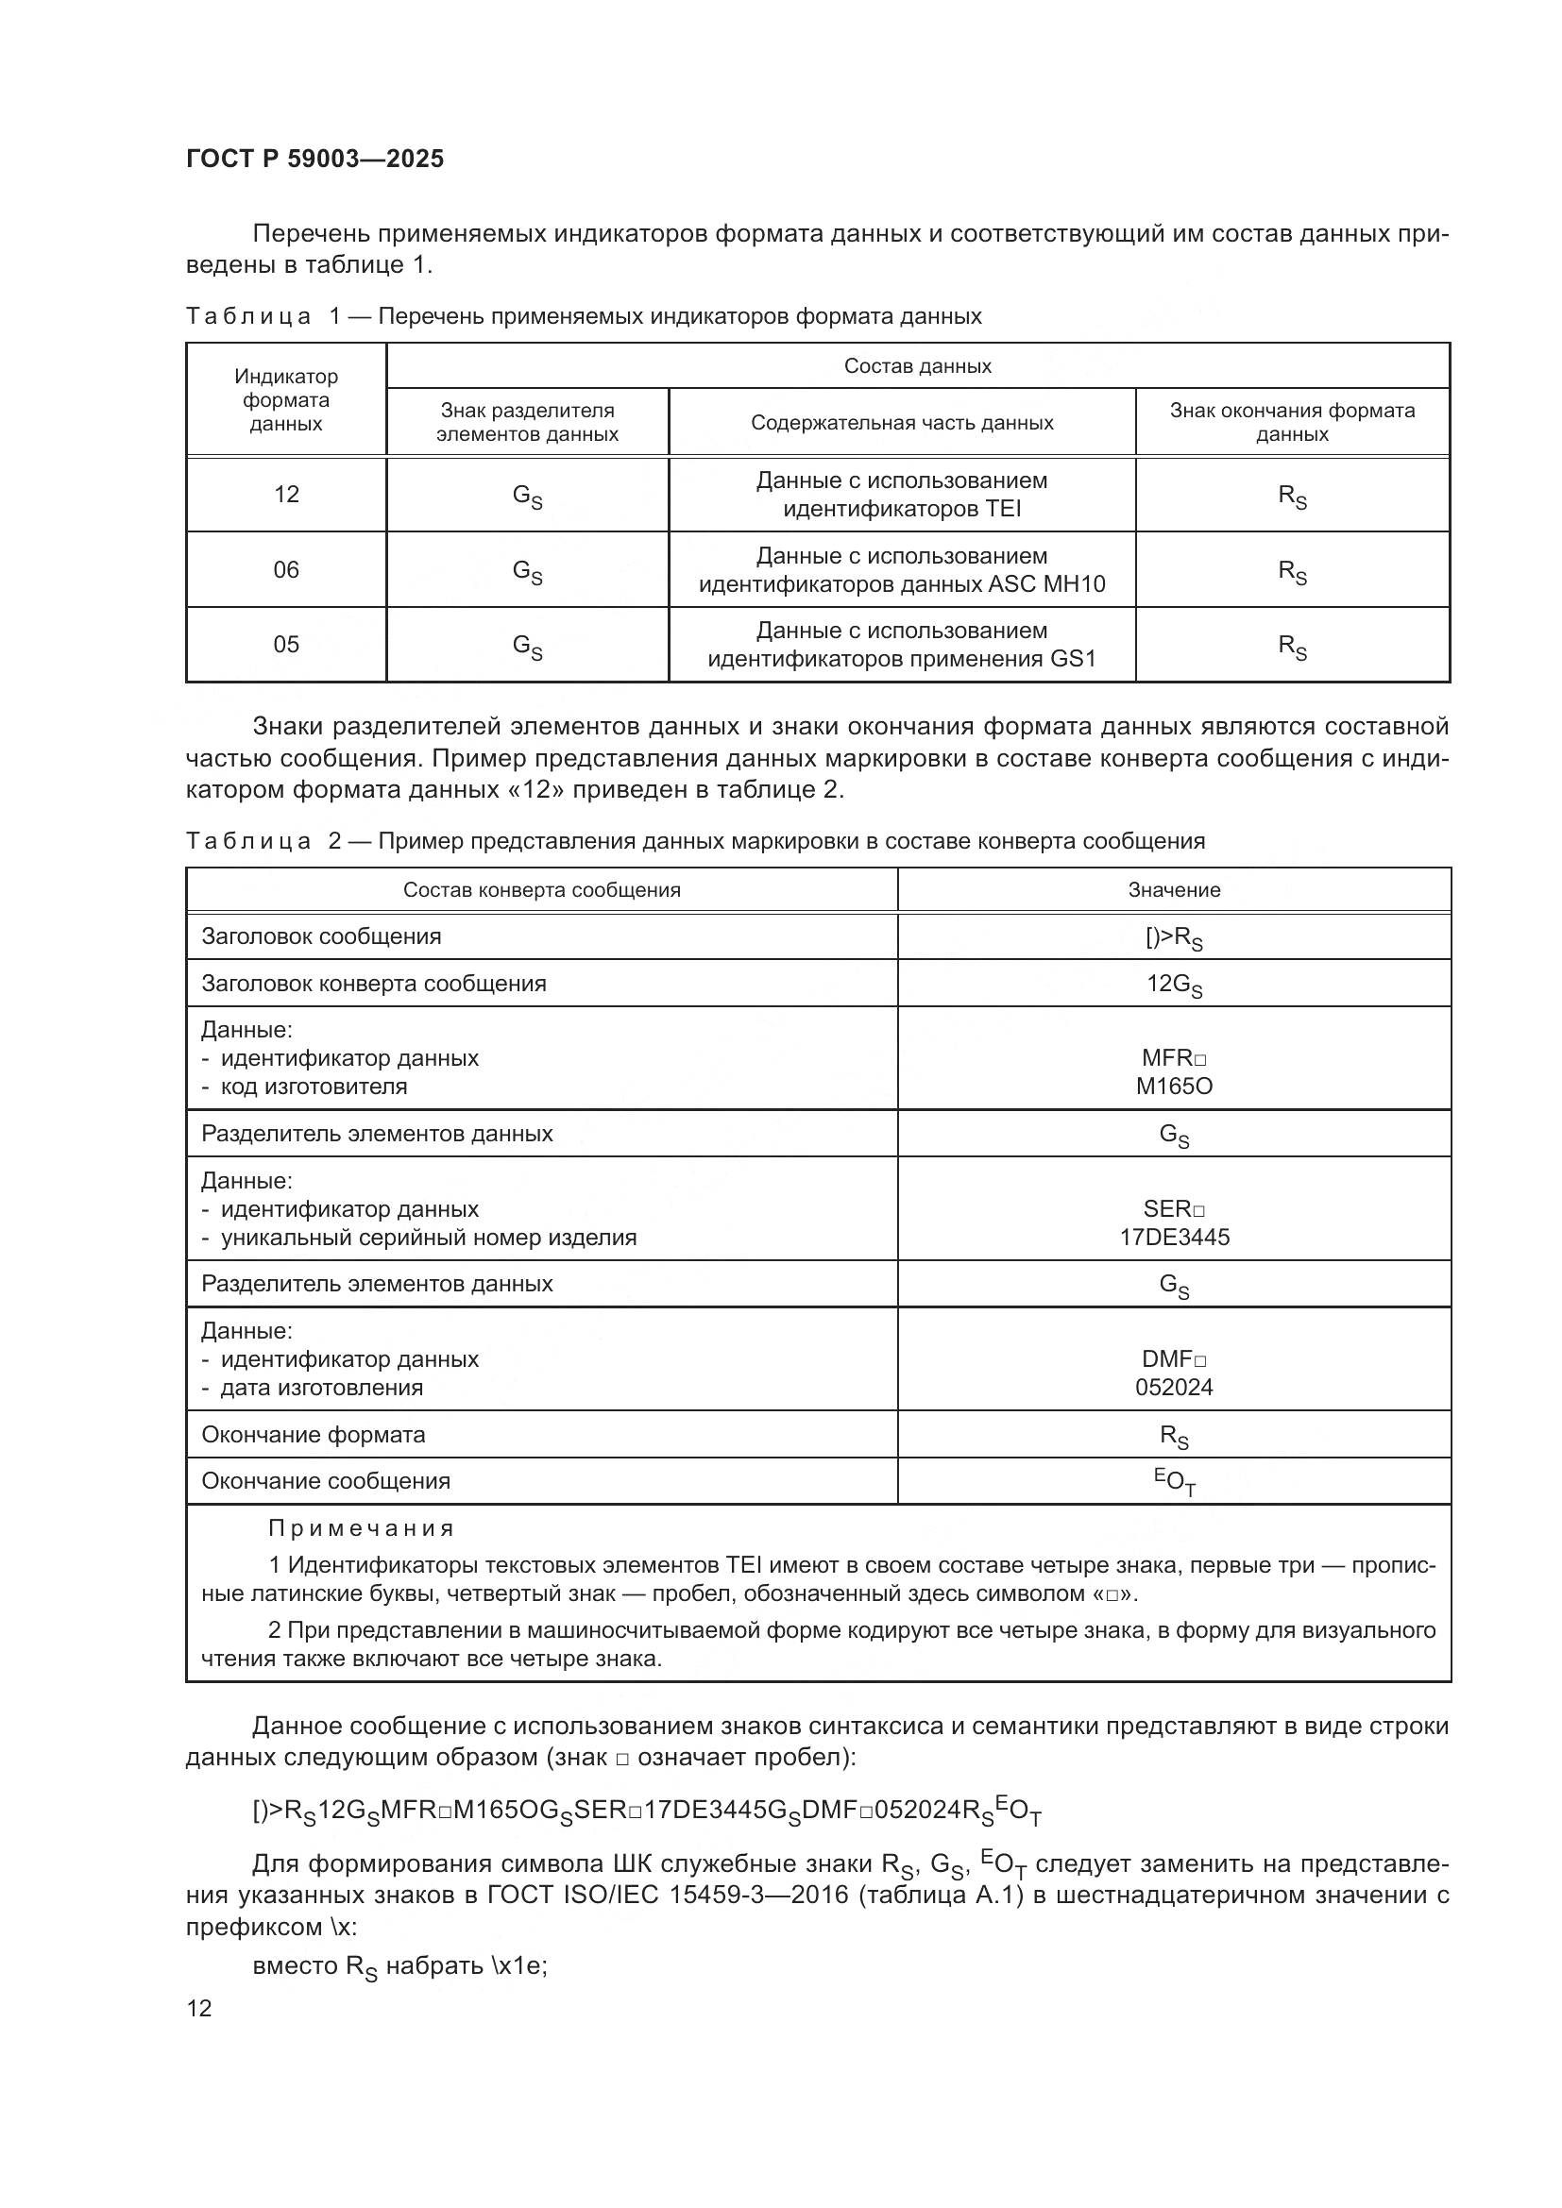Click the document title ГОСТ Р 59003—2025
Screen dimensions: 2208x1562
(314, 159)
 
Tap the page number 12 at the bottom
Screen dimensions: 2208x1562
(199, 2008)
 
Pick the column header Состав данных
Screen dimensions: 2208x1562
(917, 366)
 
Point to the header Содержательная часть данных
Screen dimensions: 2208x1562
(901, 423)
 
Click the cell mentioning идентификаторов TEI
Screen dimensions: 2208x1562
(901, 495)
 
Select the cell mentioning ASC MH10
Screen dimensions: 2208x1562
(901, 570)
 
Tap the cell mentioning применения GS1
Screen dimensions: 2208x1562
(901, 646)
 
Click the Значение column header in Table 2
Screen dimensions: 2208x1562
(1174, 890)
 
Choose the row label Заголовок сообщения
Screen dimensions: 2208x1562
(321, 936)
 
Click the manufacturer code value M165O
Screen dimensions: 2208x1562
(1174, 1087)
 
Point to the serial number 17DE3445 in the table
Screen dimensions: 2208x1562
(1174, 1238)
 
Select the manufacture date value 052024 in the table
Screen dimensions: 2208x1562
(1174, 1388)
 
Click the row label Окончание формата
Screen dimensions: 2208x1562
(313, 1435)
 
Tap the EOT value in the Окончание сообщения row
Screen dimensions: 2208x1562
(1175, 1482)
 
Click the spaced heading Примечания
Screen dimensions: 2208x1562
(361, 1528)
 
